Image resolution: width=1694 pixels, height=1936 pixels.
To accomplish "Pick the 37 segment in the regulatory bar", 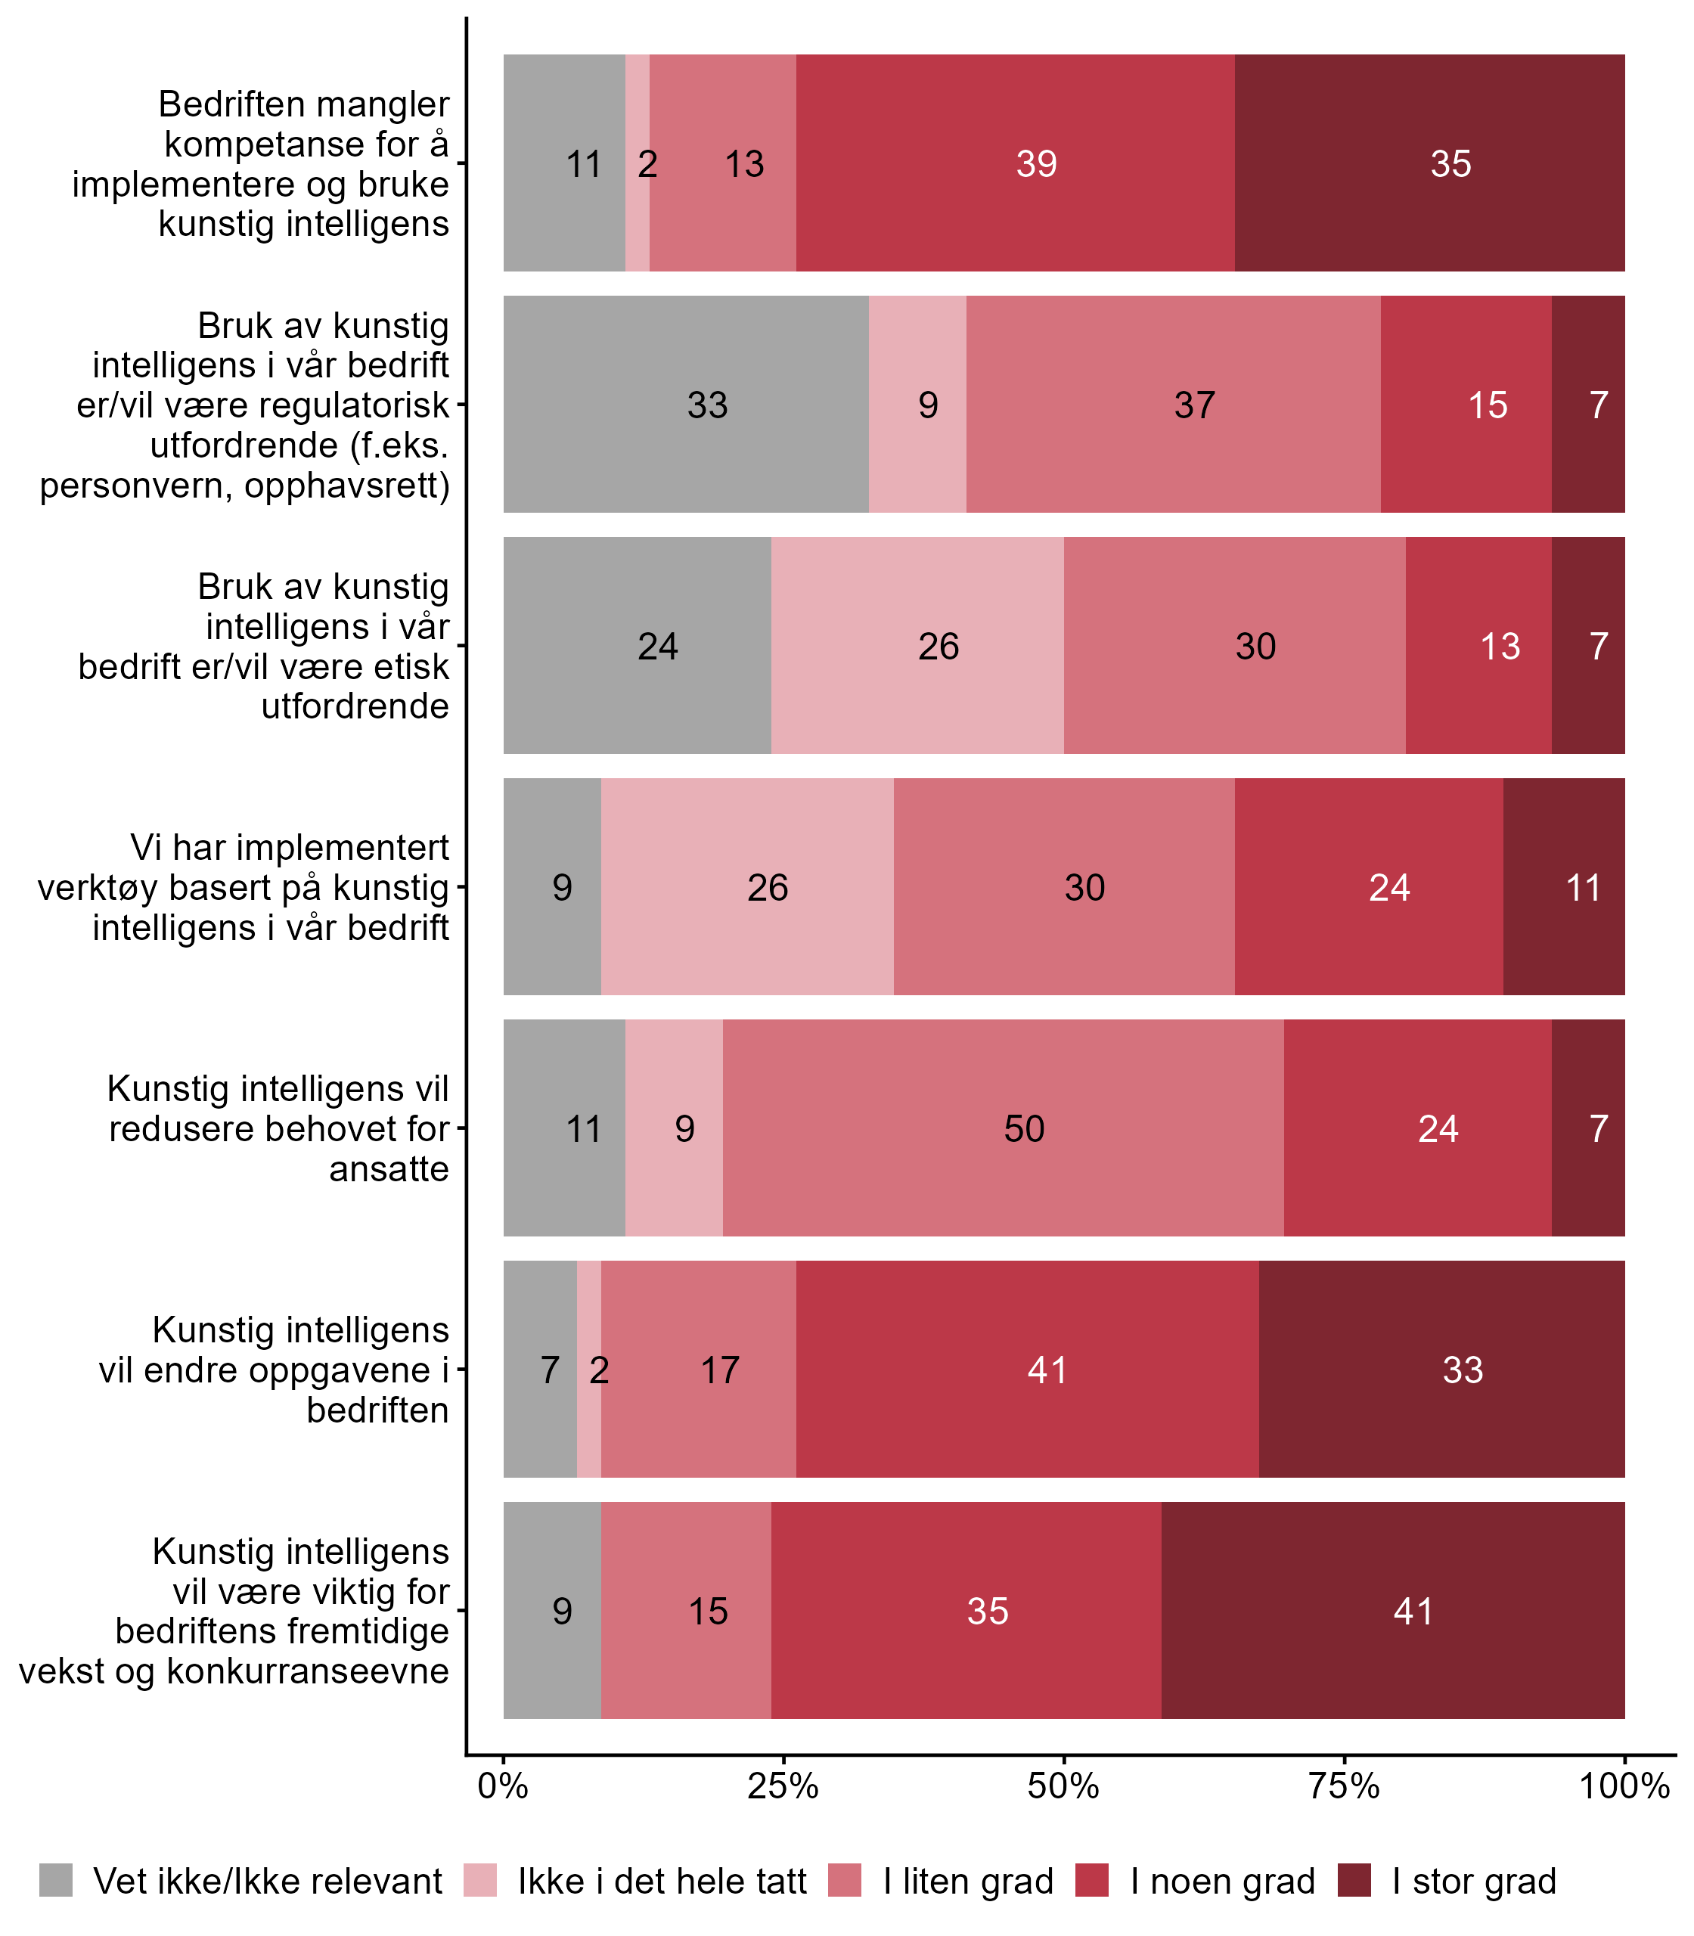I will [x=1173, y=405].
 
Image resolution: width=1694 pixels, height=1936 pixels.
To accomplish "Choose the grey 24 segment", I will [x=637, y=646].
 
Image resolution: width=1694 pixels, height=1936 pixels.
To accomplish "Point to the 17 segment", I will [x=699, y=1369].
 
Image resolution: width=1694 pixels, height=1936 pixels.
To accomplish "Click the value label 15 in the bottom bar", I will [x=708, y=1611].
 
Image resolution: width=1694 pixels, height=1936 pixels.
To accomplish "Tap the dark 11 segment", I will [x=1564, y=886].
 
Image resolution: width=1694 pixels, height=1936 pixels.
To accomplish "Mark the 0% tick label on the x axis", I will [x=503, y=1786].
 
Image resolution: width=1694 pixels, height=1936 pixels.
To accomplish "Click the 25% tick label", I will [x=783, y=1786].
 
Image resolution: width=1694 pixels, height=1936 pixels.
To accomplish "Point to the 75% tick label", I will [x=1345, y=1786].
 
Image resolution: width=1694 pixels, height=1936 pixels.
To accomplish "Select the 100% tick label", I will [x=1624, y=1786].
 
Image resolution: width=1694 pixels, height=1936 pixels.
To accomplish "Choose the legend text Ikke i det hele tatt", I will [x=662, y=1882].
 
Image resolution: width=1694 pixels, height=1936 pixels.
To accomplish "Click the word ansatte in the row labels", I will [x=389, y=1168].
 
